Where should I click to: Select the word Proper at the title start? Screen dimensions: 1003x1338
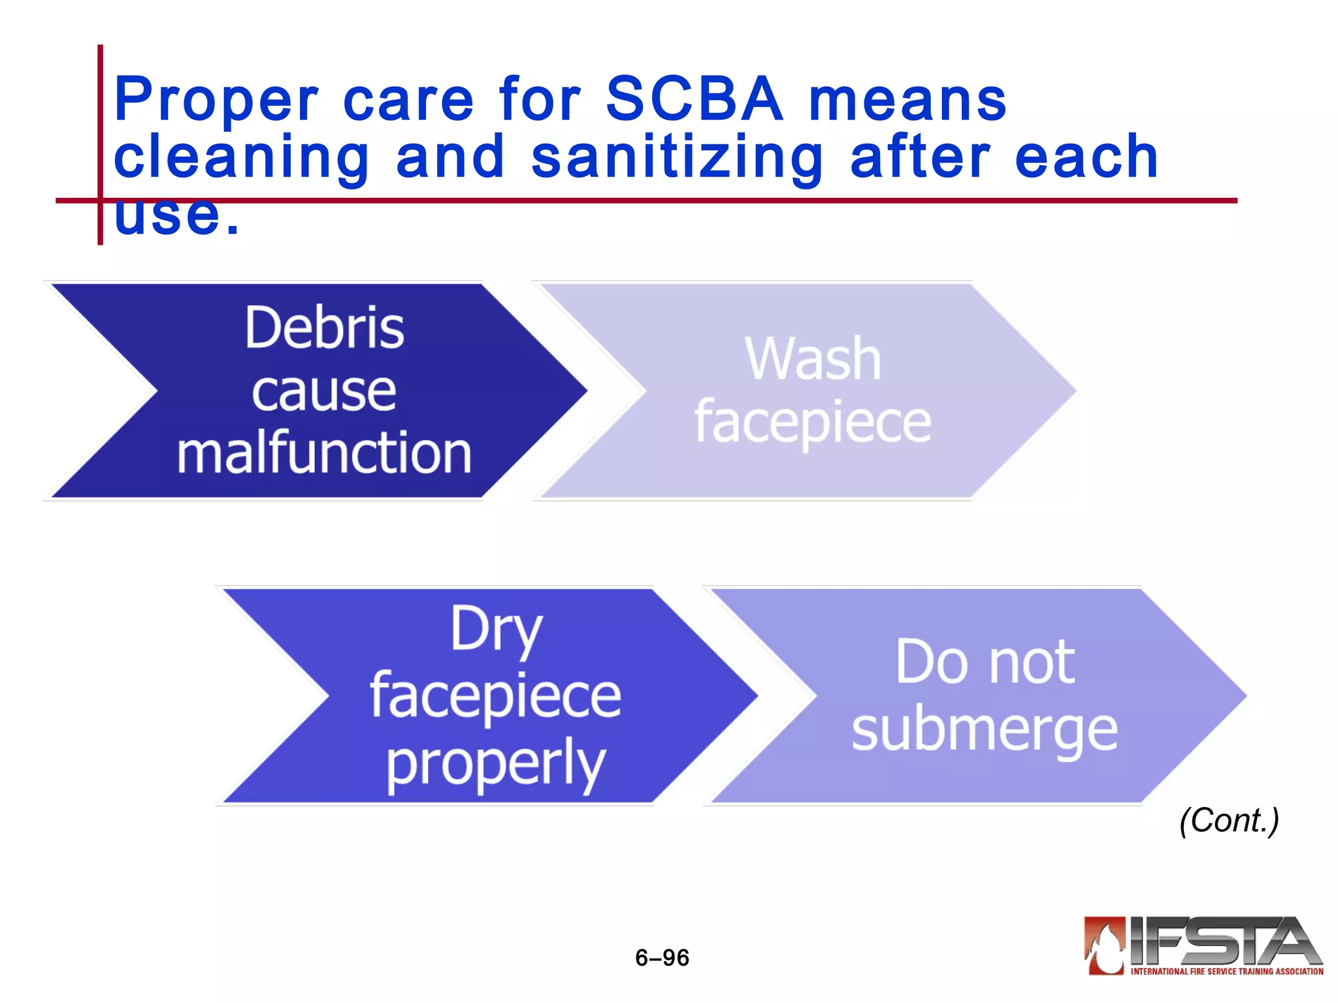(216, 99)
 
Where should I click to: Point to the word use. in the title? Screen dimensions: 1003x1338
(176, 215)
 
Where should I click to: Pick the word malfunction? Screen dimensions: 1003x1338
(324, 453)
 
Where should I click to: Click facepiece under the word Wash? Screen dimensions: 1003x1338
(813, 422)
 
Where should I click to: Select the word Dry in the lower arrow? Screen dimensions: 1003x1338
(496, 629)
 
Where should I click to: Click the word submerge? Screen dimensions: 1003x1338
(985, 729)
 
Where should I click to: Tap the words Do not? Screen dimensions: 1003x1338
(985, 662)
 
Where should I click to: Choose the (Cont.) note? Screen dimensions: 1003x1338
(1229, 820)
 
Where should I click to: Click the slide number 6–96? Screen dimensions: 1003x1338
(662, 957)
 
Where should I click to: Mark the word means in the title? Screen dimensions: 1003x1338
(908, 99)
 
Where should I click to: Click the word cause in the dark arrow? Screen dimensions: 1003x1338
(324, 391)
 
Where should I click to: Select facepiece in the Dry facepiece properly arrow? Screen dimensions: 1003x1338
(496, 696)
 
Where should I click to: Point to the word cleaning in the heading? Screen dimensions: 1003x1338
(242, 157)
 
